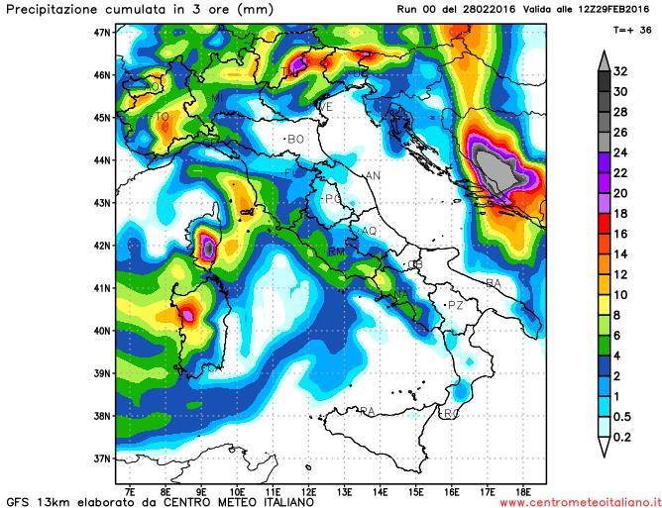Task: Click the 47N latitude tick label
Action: pos(100,32)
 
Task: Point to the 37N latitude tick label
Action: pos(100,458)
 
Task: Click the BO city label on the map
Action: pos(295,140)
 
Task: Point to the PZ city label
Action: pos(456,305)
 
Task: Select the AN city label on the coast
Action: pos(374,176)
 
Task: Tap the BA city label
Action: pos(494,283)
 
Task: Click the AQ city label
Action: pos(370,231)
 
